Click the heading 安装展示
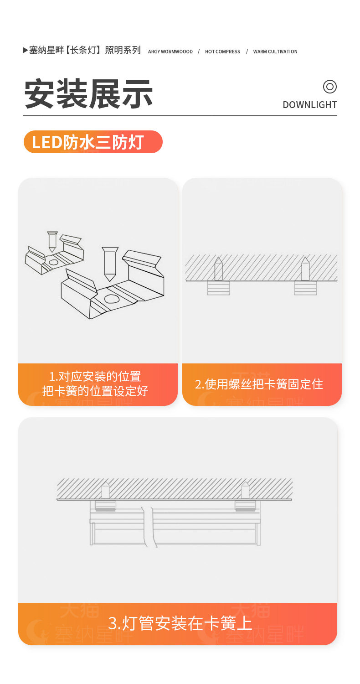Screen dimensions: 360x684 tap(88, 94)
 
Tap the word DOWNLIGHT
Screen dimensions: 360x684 tap(310, 105)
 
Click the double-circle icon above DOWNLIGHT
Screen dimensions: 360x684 tap(330, 87)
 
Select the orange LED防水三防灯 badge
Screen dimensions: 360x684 tap(93, 142)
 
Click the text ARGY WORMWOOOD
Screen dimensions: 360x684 tap(170, 52)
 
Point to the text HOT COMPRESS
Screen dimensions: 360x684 tap(222, 52)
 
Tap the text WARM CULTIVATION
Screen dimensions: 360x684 tap(275, 52)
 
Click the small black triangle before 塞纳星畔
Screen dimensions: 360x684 tap(26, 50)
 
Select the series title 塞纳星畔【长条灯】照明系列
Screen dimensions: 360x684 tap(85, 50)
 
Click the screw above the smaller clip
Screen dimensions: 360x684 tap(52, 241)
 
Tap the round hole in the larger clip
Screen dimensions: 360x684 tap(112, 299)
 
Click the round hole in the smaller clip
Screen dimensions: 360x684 tap(54, 262)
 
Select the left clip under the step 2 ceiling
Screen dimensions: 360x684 tap(218, 288)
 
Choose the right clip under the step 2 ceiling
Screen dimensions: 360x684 tap(305, 288)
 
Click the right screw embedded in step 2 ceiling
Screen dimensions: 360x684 tap(305, 269)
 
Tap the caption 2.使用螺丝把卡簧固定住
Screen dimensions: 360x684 tap(259, 384)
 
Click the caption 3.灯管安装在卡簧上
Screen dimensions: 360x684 tap(180, 623)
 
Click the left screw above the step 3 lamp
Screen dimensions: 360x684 tap(106, 490)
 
